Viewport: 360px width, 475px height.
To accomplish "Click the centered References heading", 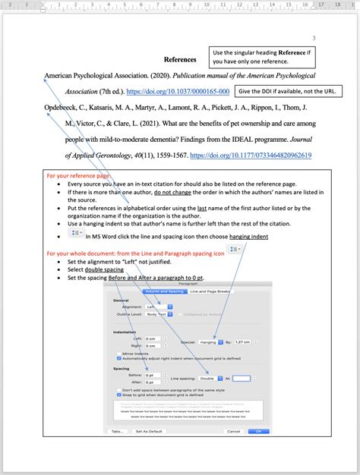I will click(180, 59).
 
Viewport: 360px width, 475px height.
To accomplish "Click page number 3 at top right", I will click(314, 38).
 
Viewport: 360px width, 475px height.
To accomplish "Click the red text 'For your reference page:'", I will click(79, 175).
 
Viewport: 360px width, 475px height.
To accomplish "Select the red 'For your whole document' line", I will click(135, 253).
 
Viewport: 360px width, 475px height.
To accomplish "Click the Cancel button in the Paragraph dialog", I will click(232, 431).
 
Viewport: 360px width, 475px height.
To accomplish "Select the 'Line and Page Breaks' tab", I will click(210, 291).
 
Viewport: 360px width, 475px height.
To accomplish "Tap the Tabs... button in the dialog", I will click(117, 431).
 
